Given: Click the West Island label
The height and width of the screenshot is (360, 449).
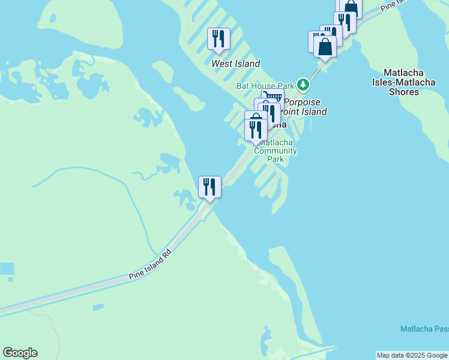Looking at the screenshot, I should click(x=236, y=64).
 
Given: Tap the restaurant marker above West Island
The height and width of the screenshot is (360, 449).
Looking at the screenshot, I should click(x=218, y=39).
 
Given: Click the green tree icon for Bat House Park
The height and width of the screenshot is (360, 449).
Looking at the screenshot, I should click(x=303, y=84).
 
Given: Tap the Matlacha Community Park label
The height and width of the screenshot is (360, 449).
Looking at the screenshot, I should click(x=276, y=151).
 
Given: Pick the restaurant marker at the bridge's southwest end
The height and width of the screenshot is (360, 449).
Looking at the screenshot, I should click(x=209, y=187).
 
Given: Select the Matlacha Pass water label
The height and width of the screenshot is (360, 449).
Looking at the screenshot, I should click(x=424, y=329).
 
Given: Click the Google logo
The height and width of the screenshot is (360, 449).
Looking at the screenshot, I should click(x=20, y=353).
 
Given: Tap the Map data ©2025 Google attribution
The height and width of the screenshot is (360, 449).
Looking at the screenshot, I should click(x=412, y=355).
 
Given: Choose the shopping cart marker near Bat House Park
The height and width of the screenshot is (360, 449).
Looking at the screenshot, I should click(x=273, y=98).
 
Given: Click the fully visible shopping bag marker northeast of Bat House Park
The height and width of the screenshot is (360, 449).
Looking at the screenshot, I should click(x=325, y=47).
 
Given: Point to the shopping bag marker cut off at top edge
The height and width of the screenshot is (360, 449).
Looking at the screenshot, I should click(x=351, y=7).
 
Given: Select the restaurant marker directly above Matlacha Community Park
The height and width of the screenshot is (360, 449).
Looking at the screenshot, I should click(x=256, y=129).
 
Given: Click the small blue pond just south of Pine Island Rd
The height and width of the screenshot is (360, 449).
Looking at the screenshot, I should click(x=98, y=307).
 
